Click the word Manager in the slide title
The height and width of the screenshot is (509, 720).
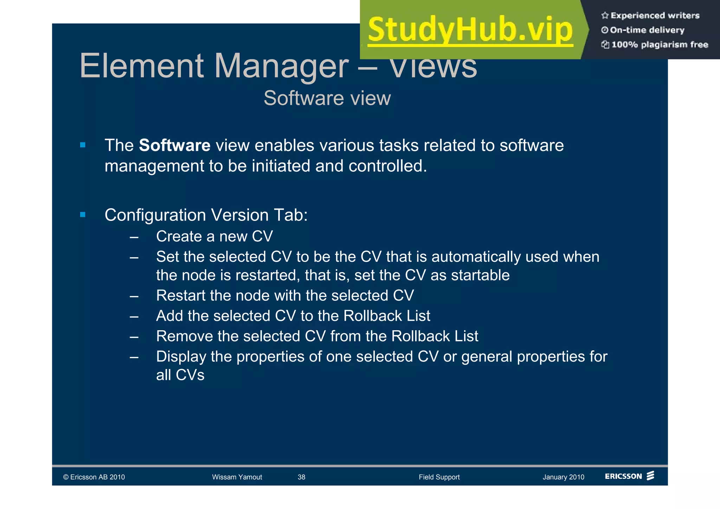(x=281, y=66)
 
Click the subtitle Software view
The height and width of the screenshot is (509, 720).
(x=327, y=98)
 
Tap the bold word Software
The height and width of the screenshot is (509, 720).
(x=174, y=145)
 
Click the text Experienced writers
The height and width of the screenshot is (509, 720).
(x=655, y=15)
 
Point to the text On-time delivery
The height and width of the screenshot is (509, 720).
(x=647, y=30)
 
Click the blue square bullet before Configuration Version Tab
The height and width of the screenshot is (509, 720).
(x=83, y=215)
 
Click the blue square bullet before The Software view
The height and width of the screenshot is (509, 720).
(x=83, y=145)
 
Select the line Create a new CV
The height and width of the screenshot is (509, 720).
(x=214, y=236)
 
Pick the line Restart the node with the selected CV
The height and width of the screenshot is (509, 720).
(x=285, y=295)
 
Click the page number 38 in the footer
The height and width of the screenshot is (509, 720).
(x=301, y=477)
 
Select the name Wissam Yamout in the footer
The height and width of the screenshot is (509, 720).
(x=237, y=477)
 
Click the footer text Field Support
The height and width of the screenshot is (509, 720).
(x=439, y=477)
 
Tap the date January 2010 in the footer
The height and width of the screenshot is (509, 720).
(x=563, y=477)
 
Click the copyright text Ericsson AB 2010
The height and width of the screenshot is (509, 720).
(x=94, y=477)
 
